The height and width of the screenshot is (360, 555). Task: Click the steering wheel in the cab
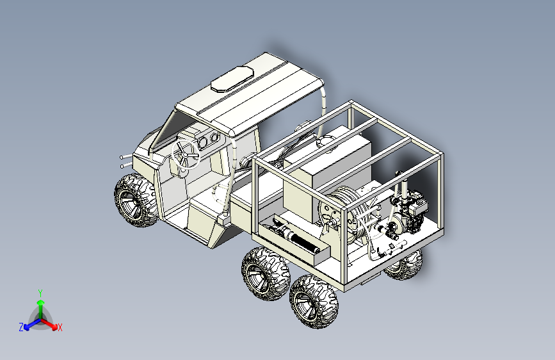coord(186,154)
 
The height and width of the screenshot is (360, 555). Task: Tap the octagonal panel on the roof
coord(232,79)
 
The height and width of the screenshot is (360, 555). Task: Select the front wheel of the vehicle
coord(136,200)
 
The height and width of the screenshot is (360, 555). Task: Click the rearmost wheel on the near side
coord(314,301)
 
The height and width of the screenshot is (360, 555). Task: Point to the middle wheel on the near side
coord(266,273)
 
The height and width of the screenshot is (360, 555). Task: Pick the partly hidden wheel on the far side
coord(404,265)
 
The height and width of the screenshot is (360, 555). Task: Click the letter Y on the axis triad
coord(40,293)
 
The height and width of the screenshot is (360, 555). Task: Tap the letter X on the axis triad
coord(60,328)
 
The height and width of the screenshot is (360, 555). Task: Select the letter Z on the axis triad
coord(21,327)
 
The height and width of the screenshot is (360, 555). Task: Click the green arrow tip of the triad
coord(41,303)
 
